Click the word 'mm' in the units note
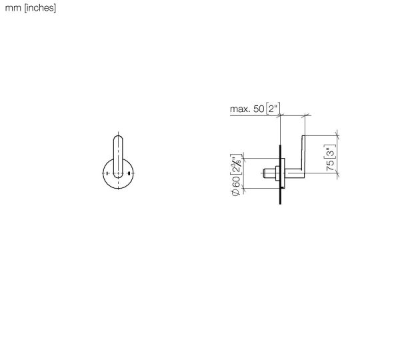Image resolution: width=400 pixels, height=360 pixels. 13,8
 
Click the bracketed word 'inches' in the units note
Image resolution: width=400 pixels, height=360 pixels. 40,8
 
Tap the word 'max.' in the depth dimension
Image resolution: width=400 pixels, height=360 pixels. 240,109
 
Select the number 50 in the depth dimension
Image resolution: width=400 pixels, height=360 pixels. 259,109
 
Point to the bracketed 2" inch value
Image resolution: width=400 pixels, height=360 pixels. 273,108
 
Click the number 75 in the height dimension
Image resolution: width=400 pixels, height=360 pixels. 330,165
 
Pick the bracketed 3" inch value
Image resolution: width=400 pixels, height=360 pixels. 330,151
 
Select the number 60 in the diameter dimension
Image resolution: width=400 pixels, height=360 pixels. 236,181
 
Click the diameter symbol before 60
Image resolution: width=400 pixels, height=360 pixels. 236,192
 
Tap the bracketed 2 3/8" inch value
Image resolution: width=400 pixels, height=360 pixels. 236,164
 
